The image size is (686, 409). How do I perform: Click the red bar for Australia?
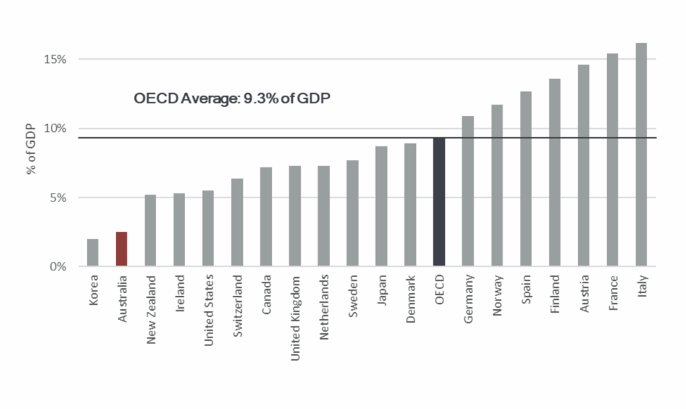click(121, 249)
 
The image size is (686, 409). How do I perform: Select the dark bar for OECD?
click(439, 202)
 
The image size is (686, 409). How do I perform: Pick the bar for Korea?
click(92, 252)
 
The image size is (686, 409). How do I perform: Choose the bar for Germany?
click(468, 191)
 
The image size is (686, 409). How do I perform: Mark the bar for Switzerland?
click(237, 222)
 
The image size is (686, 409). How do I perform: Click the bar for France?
click(612, 160)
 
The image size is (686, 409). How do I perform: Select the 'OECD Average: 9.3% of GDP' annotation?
click(232, 98)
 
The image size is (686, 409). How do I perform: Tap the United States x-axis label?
click(208, 310)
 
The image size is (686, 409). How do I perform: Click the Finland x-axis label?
click(555, 294)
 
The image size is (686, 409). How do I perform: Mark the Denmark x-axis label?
click(411, 299)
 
